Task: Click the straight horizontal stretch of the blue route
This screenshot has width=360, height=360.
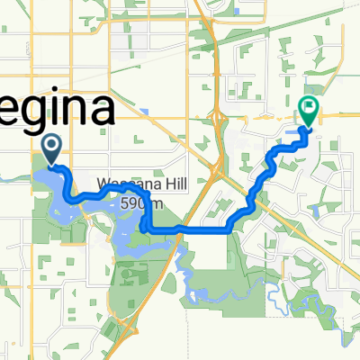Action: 193,230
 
